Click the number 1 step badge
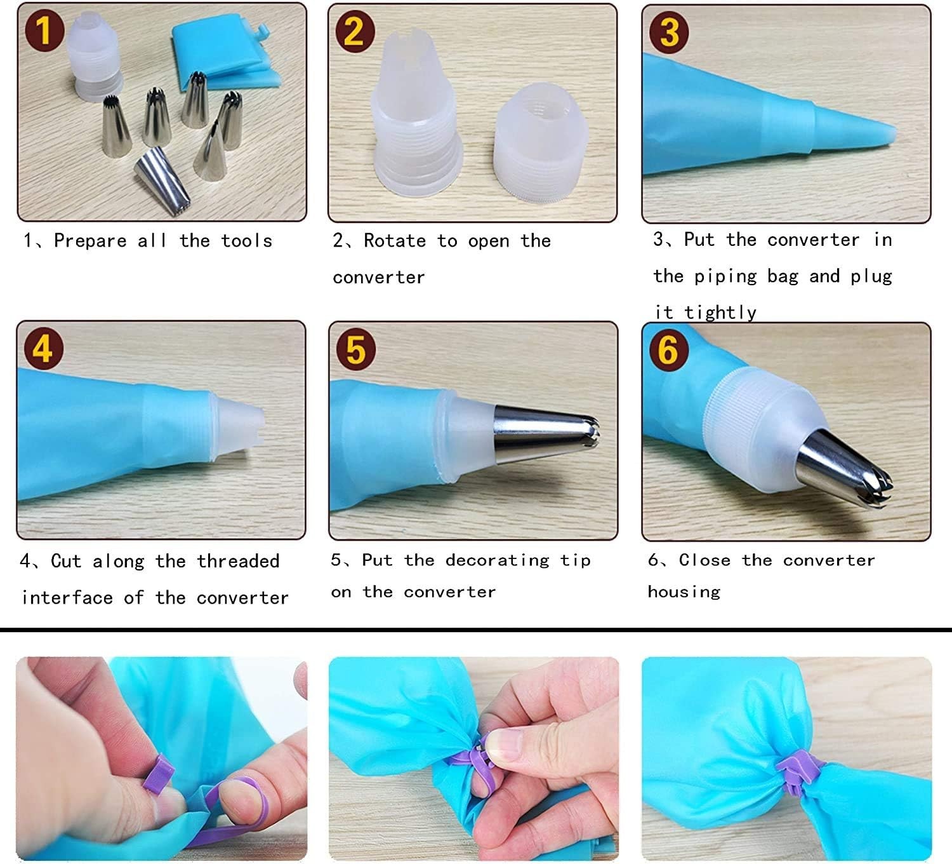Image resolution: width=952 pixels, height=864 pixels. [x=44, y=31]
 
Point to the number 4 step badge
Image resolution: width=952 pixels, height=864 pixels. [x=44, y=349]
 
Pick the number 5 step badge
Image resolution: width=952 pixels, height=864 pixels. [x=356, y=350]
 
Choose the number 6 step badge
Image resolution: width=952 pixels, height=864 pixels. [x=669, y=351]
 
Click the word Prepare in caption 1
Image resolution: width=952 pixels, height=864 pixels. [x=90, y=241]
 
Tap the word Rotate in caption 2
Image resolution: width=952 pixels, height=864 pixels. [x=395, y=241]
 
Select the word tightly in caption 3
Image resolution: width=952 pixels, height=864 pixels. [x=720, y=313]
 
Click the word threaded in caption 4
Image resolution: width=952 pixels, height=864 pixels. [x=238, y=561]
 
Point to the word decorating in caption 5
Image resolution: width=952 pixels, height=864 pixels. [x=498, y=560]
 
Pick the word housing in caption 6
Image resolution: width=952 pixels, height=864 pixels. [x=684, y=592]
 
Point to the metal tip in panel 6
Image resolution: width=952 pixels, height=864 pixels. [x=842, y=469]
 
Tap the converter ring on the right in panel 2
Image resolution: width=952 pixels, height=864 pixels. [x=541, y=142]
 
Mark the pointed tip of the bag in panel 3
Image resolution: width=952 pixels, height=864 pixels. [x=896, y=133]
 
